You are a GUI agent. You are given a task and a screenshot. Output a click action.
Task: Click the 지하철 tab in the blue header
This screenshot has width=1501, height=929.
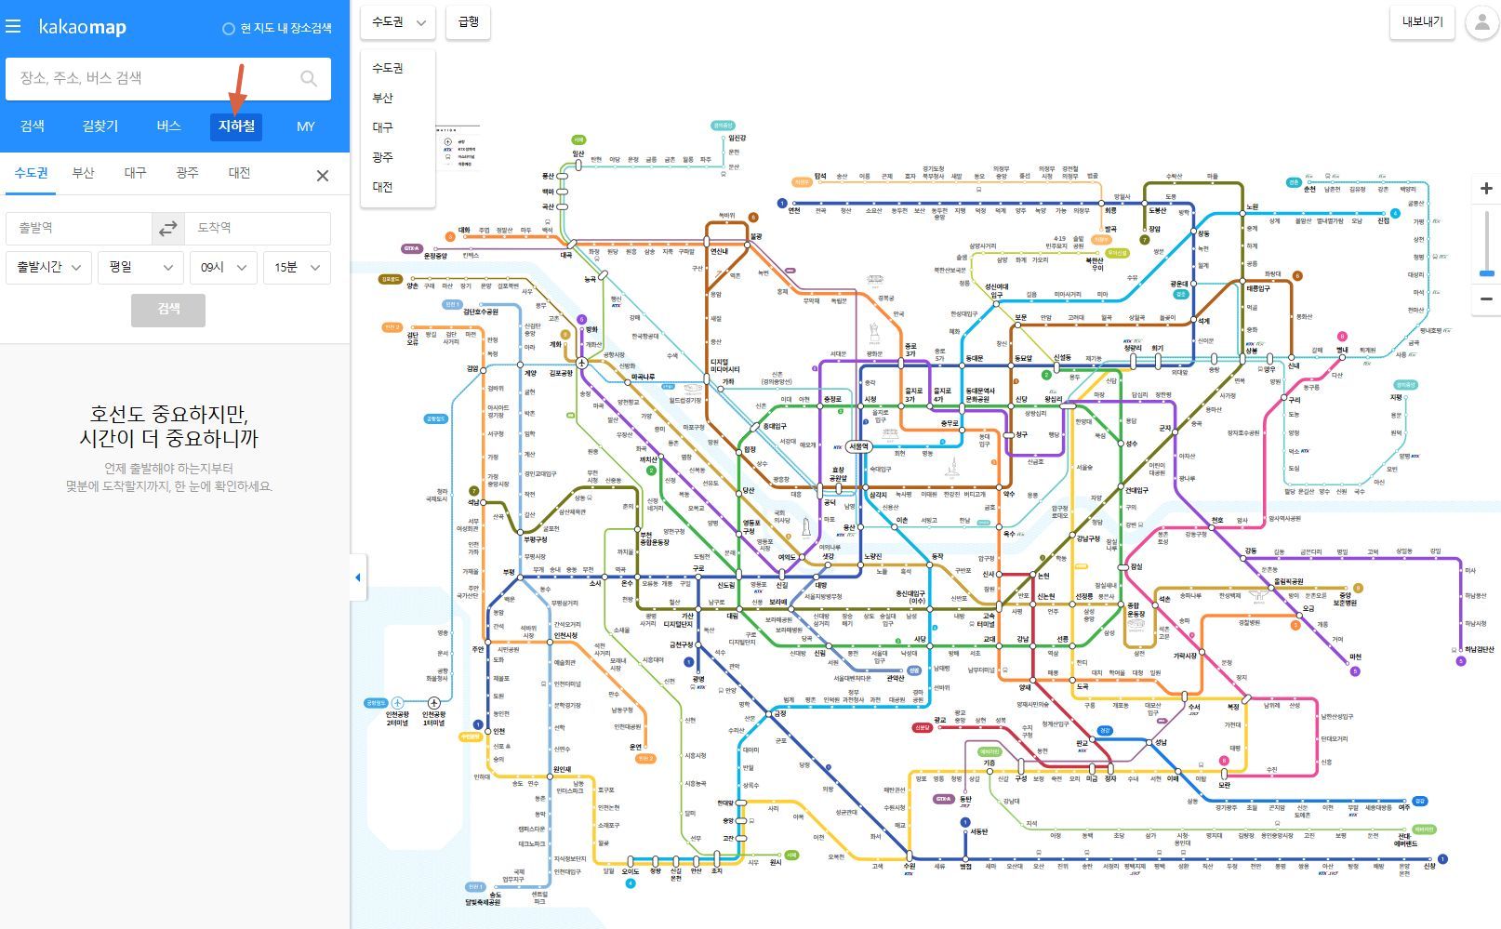coord(236,126)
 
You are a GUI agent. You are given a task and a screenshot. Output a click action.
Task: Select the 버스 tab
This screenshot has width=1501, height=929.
coord(168,126)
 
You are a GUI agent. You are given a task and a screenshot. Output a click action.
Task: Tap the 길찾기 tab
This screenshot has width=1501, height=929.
coord(100,126)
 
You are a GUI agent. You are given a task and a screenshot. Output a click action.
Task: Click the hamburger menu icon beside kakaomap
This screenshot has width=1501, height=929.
coord(13,27)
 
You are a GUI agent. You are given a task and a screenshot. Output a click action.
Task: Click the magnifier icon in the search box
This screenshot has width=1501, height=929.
coord(309,79)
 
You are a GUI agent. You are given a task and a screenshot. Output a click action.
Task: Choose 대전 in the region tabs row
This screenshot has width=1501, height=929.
coord(239,173)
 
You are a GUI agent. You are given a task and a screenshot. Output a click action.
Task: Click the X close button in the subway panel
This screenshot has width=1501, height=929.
coord(323,176)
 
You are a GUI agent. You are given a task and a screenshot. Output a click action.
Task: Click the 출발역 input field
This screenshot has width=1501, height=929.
coord(79,228)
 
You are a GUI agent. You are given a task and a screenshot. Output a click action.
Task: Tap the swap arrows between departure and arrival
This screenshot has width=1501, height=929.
coord(168,228)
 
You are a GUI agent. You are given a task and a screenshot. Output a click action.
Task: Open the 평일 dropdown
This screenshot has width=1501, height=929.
coord(140,268)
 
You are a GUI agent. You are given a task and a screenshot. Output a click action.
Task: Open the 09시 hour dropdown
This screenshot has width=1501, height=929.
coord(223,268)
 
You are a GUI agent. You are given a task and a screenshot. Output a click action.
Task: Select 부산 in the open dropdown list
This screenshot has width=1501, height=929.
coord(383,98)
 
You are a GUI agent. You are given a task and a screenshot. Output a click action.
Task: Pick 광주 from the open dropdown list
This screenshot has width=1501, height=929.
coord(383,157)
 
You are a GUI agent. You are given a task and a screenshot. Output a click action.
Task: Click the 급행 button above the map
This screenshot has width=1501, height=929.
coord(469,22)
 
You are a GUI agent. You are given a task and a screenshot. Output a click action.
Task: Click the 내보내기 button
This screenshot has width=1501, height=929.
coord(1422,22)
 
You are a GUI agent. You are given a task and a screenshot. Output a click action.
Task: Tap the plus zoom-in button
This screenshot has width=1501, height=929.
coord(1486,189)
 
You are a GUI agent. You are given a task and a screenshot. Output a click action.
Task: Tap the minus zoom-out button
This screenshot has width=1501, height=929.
coord(1486,299)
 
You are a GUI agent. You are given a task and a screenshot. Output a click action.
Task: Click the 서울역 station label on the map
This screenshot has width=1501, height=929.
coord(858,446)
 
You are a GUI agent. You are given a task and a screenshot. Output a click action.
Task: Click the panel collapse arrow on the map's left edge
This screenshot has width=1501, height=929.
coord(358,577)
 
